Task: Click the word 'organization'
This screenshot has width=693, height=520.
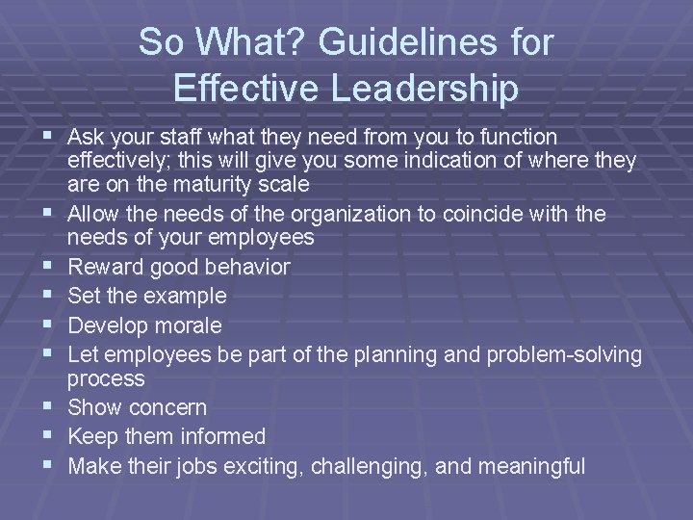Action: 346,214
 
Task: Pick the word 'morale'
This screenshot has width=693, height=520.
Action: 189,325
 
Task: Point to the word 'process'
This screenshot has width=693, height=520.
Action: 107,378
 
